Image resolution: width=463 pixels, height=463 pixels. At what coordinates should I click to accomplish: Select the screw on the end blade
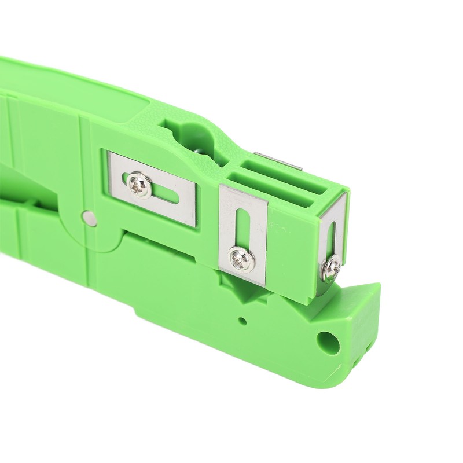(x=332, y=267)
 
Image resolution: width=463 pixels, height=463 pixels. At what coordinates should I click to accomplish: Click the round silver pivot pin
(x=89, y=217)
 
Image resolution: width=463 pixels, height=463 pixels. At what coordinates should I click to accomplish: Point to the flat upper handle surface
(x=87, y=87)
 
